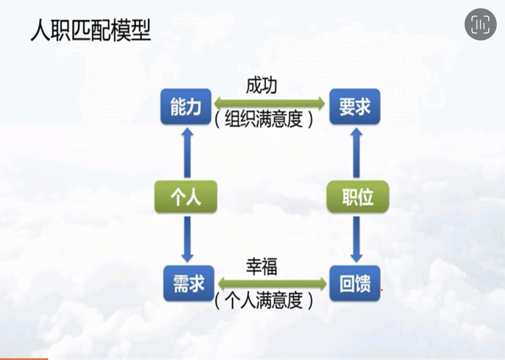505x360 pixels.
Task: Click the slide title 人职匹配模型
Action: click(x=91, y=31)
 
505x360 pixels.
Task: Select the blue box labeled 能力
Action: click(x=186, y=107)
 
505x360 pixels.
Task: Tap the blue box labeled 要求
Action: click(x=355, y=107)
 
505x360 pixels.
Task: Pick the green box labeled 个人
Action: click(x=186, y=197)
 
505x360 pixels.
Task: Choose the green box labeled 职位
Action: click(x=358, y=197)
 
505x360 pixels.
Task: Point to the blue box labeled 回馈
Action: click(x=355, y=283)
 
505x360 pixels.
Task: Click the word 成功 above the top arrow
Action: click(x=261, y=87)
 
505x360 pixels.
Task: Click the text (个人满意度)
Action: click(x=264, y=300)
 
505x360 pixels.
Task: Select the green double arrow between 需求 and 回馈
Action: click(x=272, y=284)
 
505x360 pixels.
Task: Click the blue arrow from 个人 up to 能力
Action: click(x=187, y=152)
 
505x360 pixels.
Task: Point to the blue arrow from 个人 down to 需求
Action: click(x=187, y=239)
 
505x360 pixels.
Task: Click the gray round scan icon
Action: click(x=480, y=24)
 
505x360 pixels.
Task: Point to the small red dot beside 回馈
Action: click(x=381, y=289)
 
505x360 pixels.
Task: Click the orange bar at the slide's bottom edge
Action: click(x=24, y=359)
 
